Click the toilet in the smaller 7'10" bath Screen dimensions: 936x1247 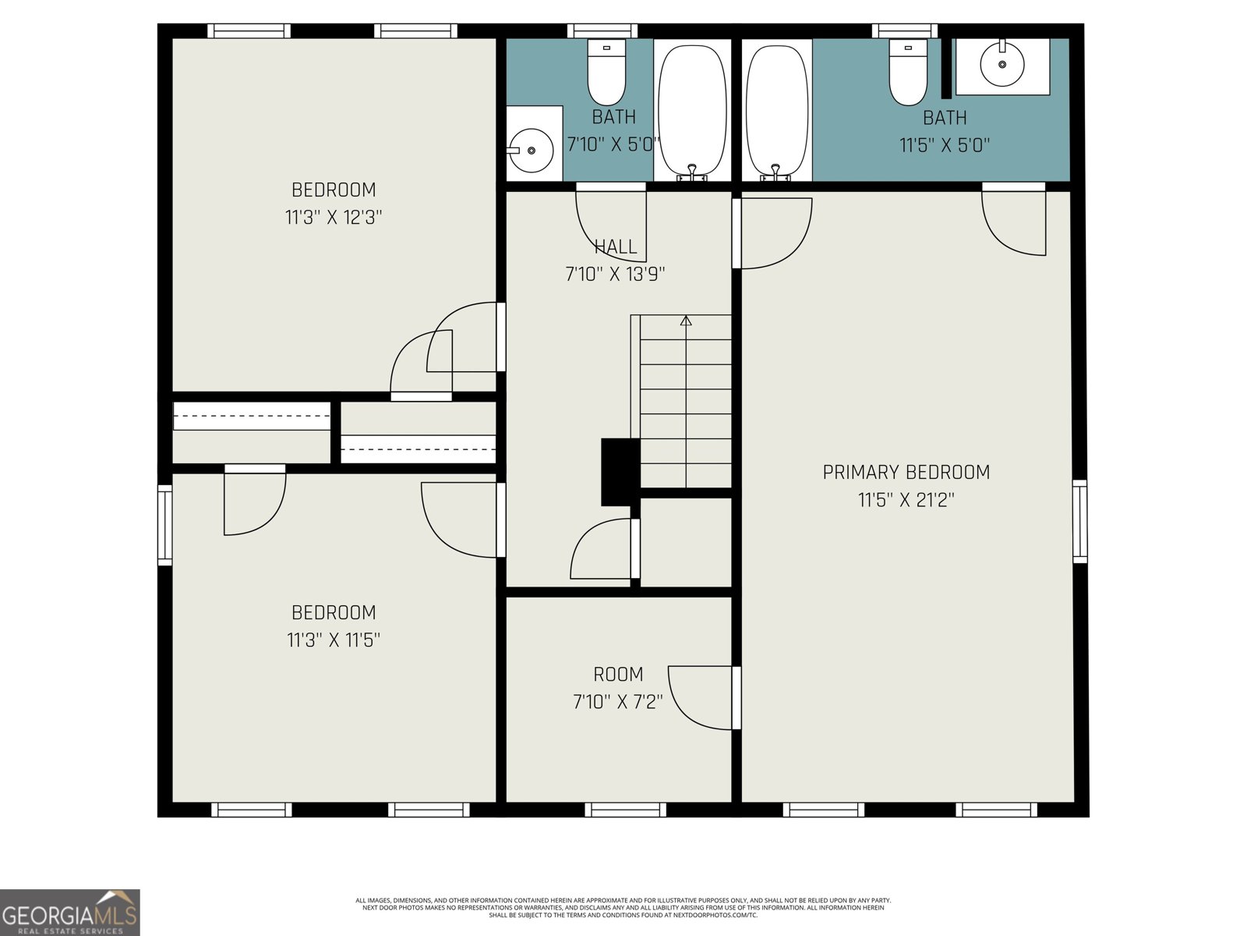[606, 73]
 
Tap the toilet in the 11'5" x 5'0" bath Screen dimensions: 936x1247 [908, 73]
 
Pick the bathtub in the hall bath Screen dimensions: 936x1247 [692, 109]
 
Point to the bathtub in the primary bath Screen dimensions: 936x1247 [776, 109]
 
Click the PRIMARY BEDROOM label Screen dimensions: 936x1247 [906, 472]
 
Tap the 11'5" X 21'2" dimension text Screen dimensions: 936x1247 [906, 500]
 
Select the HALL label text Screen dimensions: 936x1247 [616, 247]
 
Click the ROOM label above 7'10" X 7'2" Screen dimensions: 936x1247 [618, 674]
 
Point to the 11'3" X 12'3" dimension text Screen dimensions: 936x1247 [334, 218]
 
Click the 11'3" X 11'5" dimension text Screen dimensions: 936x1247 [334, 640]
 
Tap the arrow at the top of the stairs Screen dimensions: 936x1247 [686, 320]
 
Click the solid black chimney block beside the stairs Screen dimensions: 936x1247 [620, 472]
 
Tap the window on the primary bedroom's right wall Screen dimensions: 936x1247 [1079, 521]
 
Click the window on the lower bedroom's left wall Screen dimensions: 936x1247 [164, 524]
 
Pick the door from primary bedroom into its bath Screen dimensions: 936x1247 [1013, 222]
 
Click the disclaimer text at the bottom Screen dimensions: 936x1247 [623, 907]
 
